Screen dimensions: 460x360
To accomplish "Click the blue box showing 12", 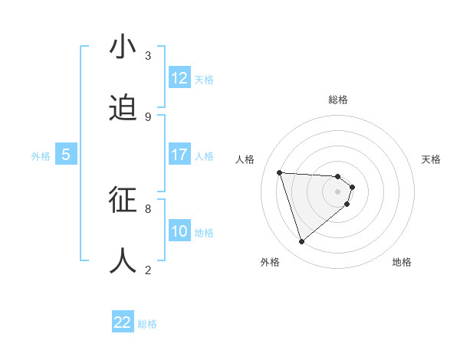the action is click(x=179, y=78).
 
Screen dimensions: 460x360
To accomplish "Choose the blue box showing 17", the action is click(x=179, y=155).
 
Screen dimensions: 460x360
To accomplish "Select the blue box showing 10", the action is click(x=179, y=231).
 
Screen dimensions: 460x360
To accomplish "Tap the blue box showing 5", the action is click(x=66, y=155).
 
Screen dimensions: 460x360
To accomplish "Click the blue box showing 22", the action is click(x=123, y=322).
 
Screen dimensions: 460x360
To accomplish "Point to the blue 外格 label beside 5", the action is click(x=41, y=156).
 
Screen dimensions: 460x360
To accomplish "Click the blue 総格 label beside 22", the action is click(x=147, y=324).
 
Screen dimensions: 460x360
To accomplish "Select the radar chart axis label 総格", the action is click(x=338, y=100).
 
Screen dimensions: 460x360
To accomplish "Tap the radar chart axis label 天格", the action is click(x=431, y=159).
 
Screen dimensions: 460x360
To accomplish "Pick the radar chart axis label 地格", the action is click(x=402, y=262).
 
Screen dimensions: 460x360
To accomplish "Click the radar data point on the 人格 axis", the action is click(x=280, y=172).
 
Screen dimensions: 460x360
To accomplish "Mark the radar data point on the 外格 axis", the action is click(x=301, y=242).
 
